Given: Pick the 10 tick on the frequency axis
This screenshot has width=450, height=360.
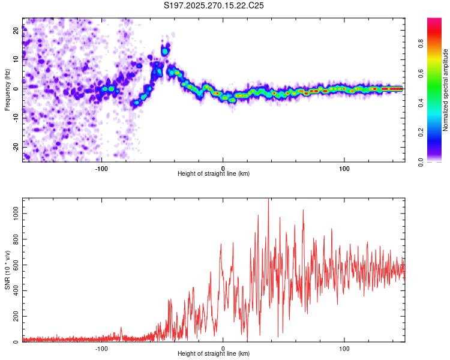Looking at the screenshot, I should click(x=17, y=59).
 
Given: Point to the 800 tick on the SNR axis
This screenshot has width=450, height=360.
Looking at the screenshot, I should click(x=17, y=239).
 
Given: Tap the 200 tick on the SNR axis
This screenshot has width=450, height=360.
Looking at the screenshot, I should click(x=17, y=316).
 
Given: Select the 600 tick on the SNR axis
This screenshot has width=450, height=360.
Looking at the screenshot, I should click(x=17, y=265).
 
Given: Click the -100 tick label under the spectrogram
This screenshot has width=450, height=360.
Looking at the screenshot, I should click(x=101, y=167).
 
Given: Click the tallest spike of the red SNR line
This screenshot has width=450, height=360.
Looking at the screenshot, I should click(x=268, y=200).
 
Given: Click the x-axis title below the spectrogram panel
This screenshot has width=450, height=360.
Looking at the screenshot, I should click(x=214, y=174).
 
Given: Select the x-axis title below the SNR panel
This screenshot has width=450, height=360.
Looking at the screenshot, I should click(x=214, y=354).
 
